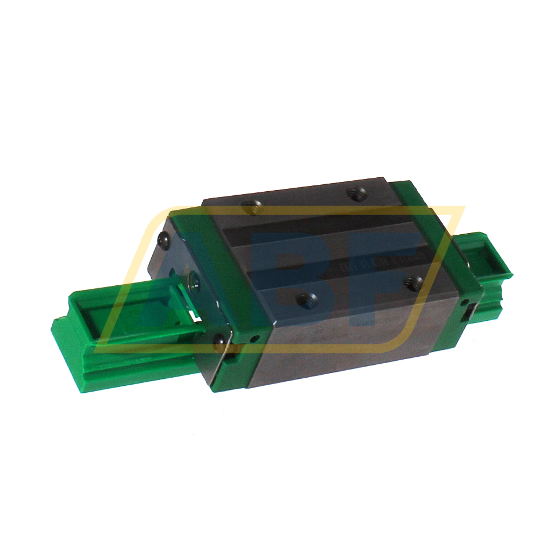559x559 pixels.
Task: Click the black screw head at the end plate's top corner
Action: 163,238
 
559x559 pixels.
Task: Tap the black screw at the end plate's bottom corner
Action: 220,342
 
